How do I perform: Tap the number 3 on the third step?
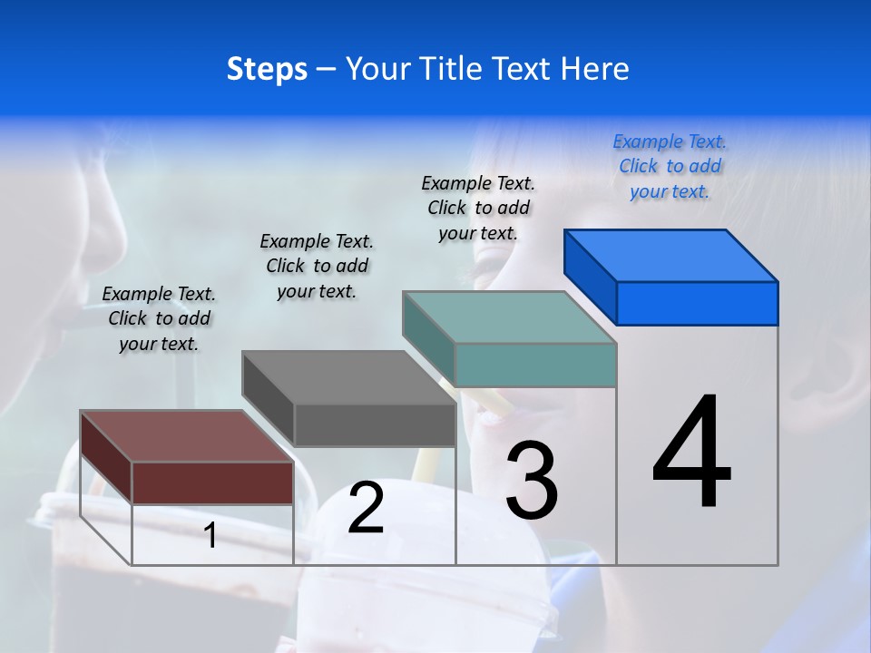[x=532, y=481]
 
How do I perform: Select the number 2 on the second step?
[x=366, y=508]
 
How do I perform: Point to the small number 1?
[x=210, y=535]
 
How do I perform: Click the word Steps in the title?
[x=267, y=69]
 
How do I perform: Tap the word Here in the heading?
[x=595, y=69]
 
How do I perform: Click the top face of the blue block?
[x=670, y=256]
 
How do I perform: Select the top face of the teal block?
[x=508, y=317]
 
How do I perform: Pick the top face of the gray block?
[x=347, y=377]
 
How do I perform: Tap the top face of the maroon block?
[x=186, y=436]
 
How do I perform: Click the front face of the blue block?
[x=697, y=303]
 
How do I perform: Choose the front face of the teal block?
[x=535, y=365]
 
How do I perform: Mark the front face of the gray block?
[x=374, y=424]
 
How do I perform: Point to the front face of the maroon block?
[x=212, y=482]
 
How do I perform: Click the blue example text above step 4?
[x=670, y=166]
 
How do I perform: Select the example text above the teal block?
[x=478, y=208]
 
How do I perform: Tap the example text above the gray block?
[x=317, y=266]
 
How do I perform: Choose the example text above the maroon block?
[x=159, y=318]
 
